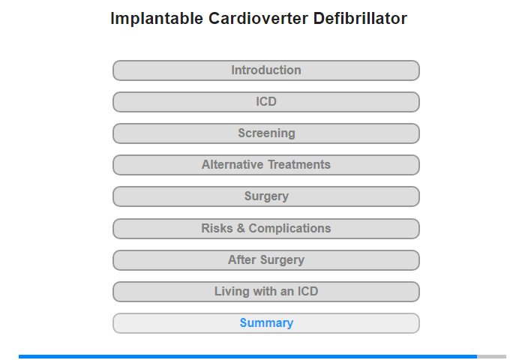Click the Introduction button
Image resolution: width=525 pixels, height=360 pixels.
pos(265,70)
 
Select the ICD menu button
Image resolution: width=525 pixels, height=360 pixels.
pos(265,102)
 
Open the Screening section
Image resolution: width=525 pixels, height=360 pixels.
pos(265,133)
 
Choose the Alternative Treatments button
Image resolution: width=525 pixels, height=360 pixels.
pos(265,165)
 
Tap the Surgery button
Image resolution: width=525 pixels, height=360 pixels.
pos(265,196)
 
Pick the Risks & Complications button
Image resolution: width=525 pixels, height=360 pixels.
pos(265,229)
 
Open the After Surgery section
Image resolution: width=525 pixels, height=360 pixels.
pos(265,259)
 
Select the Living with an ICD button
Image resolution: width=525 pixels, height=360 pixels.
pos(265,291)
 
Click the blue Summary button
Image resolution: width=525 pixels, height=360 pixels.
pos(265,322)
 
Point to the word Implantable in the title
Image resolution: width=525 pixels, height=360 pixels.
pos(157,19)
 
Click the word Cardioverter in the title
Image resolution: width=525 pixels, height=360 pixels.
pos(258,18)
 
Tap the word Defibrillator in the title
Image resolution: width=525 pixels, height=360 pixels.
pos(360,18)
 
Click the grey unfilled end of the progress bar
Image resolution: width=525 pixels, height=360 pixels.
pos(491,357)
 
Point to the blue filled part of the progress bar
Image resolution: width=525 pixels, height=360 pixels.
pos(247,357)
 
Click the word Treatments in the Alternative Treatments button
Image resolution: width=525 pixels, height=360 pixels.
pos(299,164)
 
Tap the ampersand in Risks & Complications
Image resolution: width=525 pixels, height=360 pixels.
pos(241,228)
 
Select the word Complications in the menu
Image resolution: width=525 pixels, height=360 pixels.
pos(289,229)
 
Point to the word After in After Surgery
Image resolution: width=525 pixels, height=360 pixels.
pos(242,259)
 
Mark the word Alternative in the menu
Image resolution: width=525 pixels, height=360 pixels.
pos(232,164)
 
